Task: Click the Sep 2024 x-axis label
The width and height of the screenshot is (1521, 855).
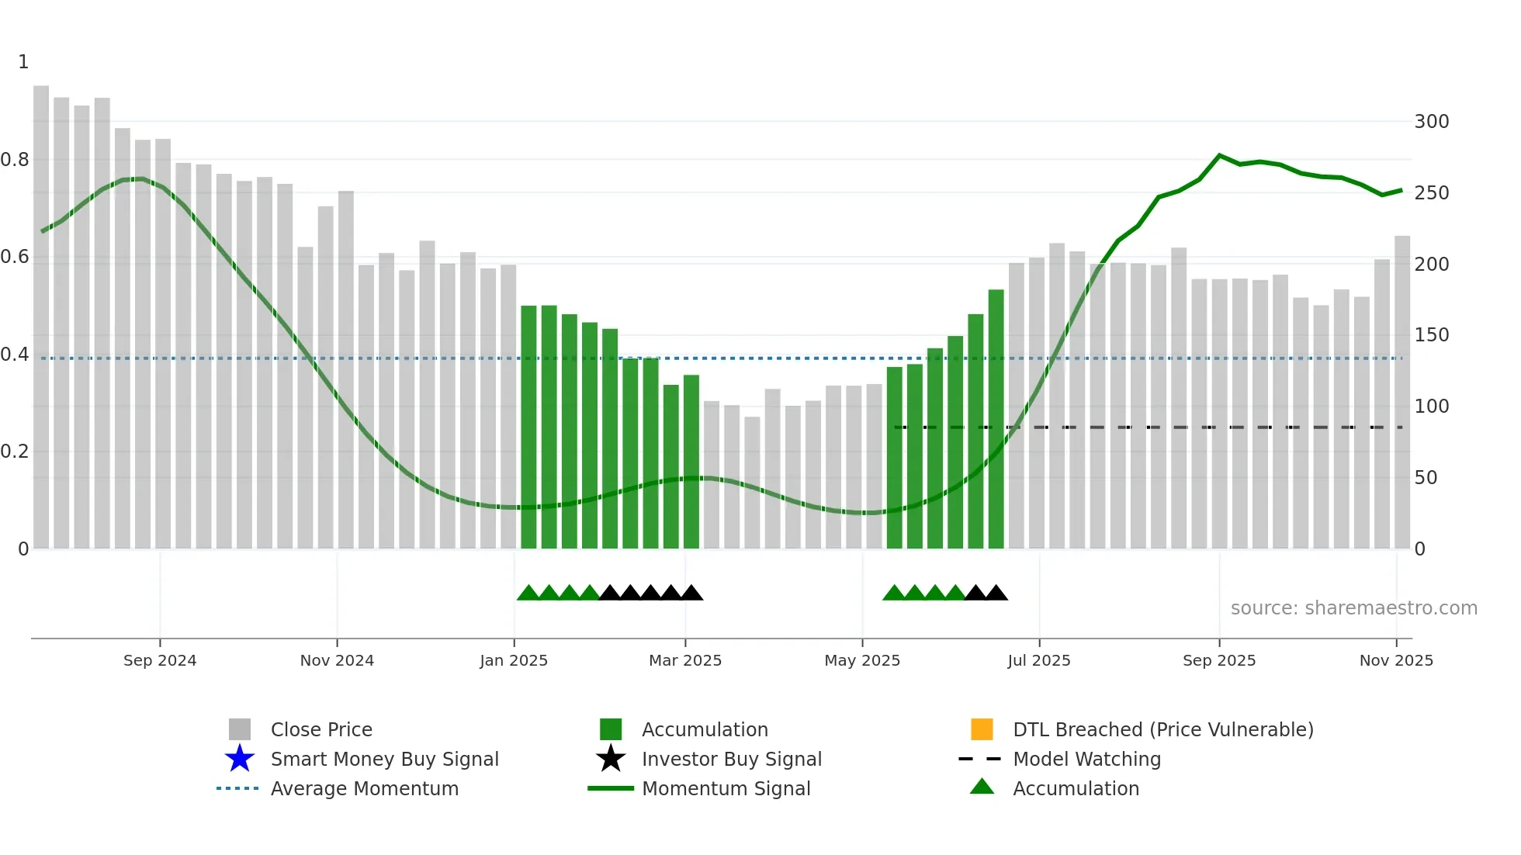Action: [160, 660]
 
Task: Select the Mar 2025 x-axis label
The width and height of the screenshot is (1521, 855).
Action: [685, 660]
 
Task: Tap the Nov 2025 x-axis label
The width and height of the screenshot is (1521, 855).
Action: [1396, 660]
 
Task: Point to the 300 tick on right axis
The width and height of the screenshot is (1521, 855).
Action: [1431, 122]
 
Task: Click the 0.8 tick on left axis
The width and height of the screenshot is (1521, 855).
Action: [16, 160]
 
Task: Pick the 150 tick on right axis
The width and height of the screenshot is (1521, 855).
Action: [1431, 335]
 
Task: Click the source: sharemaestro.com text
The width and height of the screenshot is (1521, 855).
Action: [1353, 608]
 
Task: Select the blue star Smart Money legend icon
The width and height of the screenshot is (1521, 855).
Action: [240, 759]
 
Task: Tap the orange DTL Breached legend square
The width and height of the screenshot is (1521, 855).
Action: [982, 729]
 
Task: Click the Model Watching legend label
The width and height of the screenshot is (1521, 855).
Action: [1086, 759]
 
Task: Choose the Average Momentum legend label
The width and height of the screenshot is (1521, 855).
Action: [364, 788]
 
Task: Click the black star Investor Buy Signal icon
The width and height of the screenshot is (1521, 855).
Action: [611, 759]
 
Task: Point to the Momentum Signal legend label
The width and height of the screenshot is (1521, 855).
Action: [726, 788]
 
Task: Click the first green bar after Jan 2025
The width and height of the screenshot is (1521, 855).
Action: [528, 427]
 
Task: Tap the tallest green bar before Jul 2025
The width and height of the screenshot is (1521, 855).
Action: [996, 419]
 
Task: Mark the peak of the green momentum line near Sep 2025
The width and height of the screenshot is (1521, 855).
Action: [1219, 156]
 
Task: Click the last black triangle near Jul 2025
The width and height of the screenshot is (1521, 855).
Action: [996, 594]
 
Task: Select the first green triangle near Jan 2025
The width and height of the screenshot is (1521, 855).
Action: [528, 594]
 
